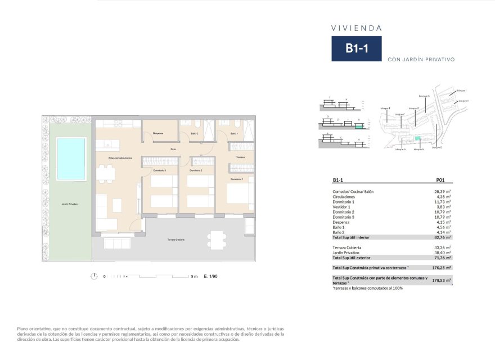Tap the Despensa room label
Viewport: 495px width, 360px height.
pos(158,133)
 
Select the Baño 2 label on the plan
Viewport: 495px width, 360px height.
pos(194,133)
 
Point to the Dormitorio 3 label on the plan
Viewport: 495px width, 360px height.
pos(158,170)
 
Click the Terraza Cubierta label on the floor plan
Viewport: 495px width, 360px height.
pos(175,240)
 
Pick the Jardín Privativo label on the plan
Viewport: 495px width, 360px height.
pos(70,203)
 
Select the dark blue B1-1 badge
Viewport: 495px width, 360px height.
pos(356,49)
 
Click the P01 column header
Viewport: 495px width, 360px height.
pos(441,181)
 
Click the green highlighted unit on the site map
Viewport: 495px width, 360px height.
pos(417,138)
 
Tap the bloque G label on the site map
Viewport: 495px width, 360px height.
pos(424,96)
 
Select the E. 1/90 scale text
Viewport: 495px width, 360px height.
pos(210,276)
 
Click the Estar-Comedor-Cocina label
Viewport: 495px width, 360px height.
pos(120,158)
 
